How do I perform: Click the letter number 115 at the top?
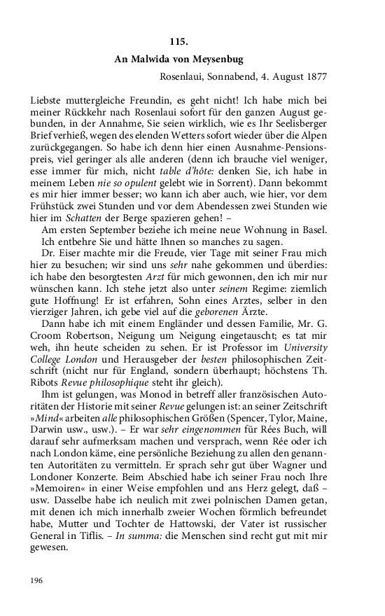(178, 41)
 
